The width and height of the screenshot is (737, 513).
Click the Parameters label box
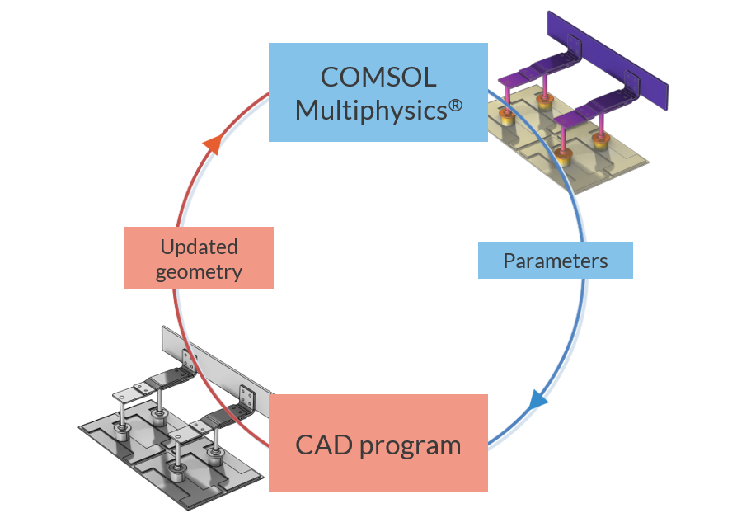pyautogui.click(x=555, y=261)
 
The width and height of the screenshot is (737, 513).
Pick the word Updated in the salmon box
pyautogui.click(x=199, y=247)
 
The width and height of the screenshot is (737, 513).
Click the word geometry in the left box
pyautogui.click(x=199, y=271)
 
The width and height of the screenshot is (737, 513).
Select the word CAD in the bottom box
pyautogui.click(x=325, y=446)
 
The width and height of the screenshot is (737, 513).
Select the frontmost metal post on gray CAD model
pyautogui.click(x=176, y=462)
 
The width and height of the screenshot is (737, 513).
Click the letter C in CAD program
pyautogui.click(x=305, y=446)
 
